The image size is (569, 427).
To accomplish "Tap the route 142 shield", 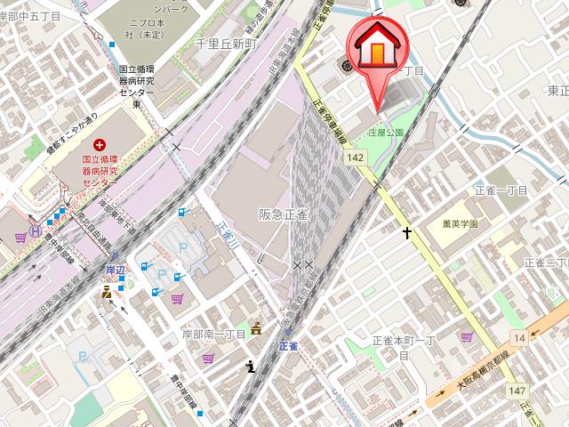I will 356,157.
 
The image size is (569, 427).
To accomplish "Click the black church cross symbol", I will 407,233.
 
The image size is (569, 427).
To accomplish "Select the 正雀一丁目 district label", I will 501,190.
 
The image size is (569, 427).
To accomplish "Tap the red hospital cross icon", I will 99,143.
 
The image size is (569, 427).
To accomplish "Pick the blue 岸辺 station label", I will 116,268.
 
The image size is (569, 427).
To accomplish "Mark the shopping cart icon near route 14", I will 468,337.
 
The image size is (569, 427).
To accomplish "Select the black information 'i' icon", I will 252,365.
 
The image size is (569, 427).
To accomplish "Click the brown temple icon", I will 257,327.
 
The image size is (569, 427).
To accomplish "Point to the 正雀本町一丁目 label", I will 402,346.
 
